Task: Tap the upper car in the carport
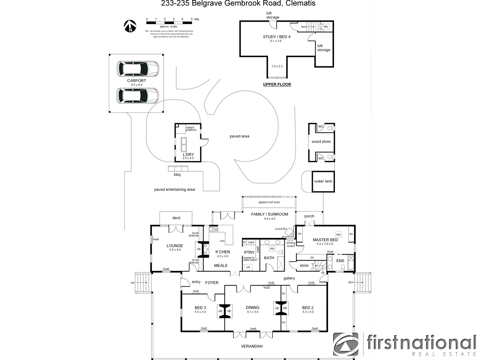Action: [137, 69]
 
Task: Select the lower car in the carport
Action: [137, 95]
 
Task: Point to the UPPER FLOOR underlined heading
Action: [277, 84]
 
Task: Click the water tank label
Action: [323, 181]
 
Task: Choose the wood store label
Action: [321, 142]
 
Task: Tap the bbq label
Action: [177, 175]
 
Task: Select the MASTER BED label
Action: [325, 240]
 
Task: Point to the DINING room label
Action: [252, 308]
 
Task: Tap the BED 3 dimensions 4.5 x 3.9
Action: [200, 312]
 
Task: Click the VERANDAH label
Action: [252, 346]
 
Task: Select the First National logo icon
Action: [346, 344]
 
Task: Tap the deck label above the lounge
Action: [176, 218]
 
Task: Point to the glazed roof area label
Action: [269, 202]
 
